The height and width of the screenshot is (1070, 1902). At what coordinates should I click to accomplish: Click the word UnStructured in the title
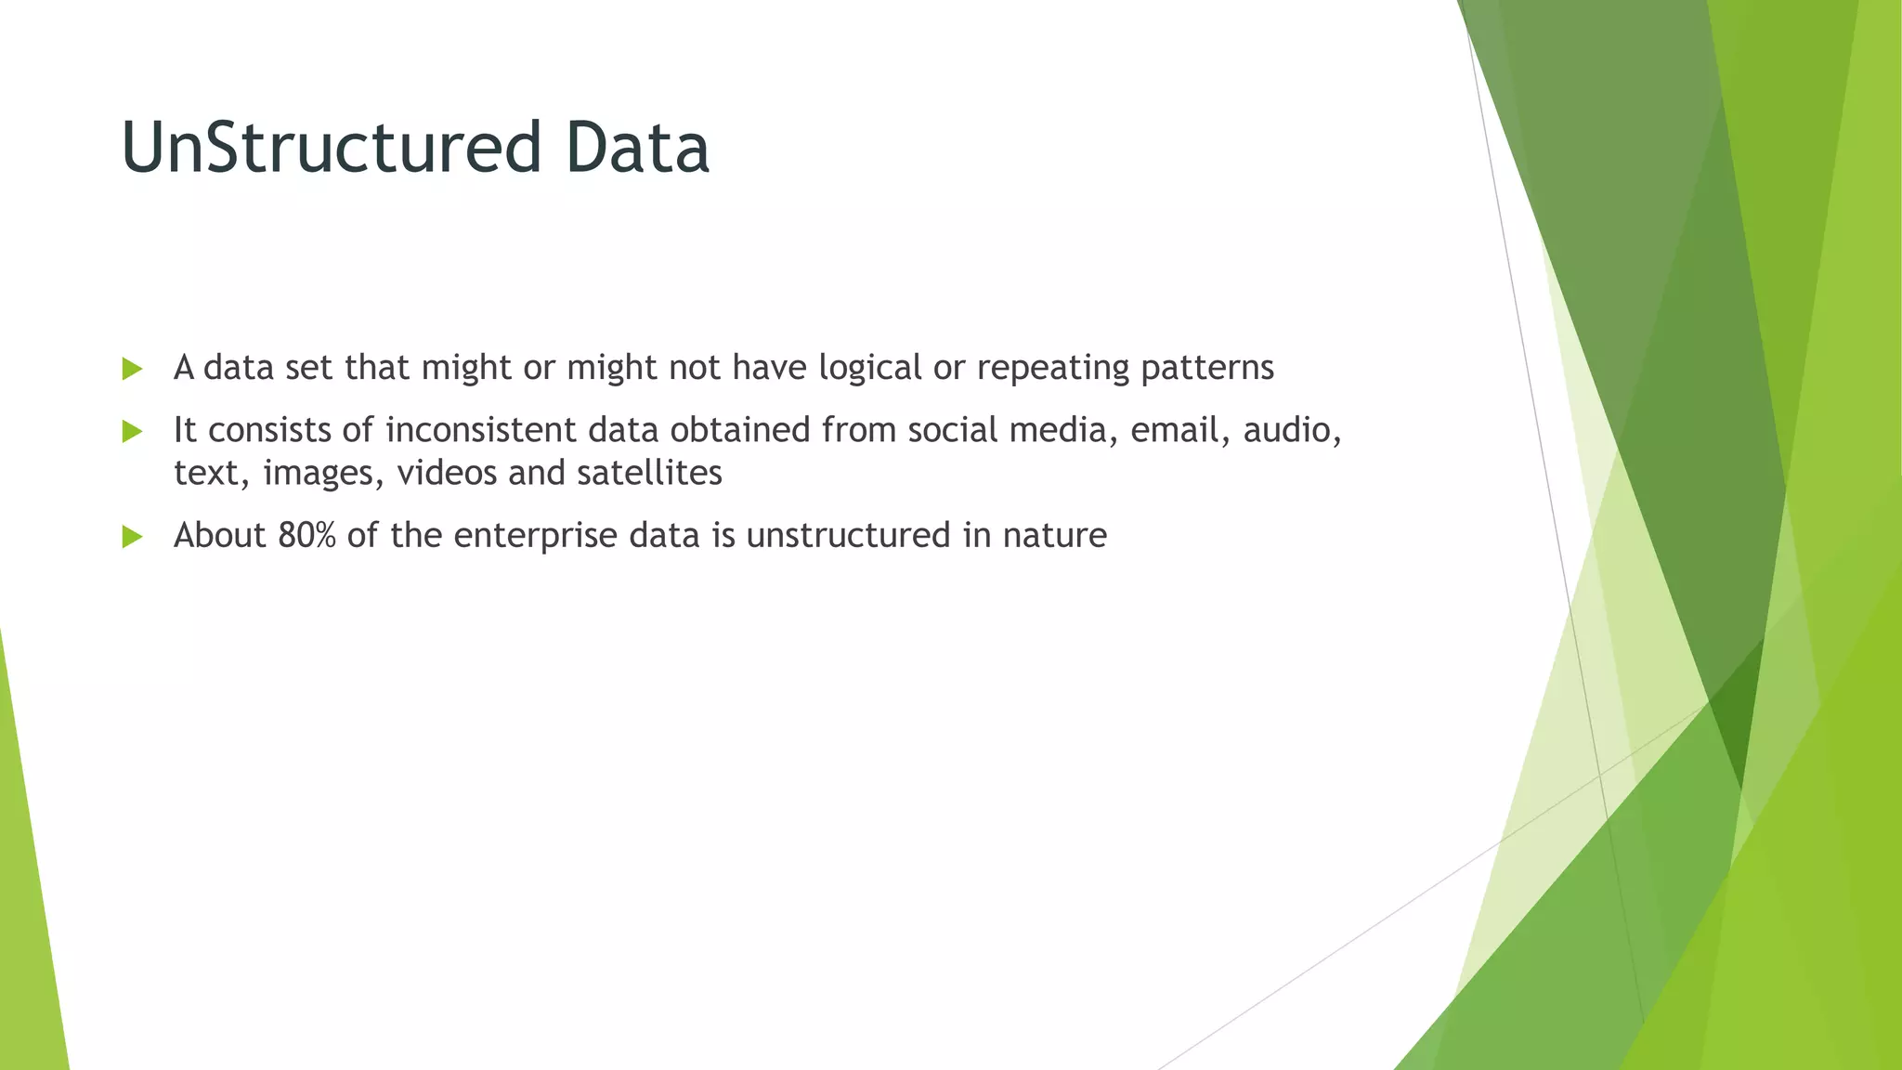point(331,149)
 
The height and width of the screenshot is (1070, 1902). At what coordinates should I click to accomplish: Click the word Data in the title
point(637,149)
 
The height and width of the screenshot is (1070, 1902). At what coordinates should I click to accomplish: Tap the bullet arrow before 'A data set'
point(132,369)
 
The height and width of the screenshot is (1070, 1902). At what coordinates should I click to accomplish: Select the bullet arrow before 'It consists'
point(132,431)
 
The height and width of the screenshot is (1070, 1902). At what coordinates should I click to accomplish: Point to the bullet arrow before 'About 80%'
point(132,536)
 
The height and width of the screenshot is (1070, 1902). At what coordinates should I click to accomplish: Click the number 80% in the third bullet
point(306,536)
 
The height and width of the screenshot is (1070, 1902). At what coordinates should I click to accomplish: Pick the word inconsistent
point(480,431)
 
